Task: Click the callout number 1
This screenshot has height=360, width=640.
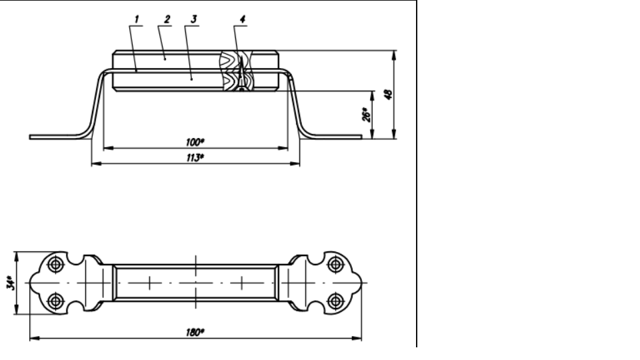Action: point(137,19)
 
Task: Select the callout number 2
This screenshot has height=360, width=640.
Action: point(165,19)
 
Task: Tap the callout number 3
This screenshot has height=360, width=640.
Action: point(193,19)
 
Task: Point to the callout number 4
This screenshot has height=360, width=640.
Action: point(242,19)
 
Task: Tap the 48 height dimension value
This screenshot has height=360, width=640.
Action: point(389,93)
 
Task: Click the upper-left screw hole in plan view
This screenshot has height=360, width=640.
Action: point(57,264)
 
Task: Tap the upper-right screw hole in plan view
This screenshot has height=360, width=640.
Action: point(335,264)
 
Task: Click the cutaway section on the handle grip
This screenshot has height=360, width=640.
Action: point(240,70)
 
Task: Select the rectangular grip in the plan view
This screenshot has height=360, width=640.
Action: point(195,282)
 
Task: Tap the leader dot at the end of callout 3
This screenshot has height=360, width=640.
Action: point(191,79)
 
